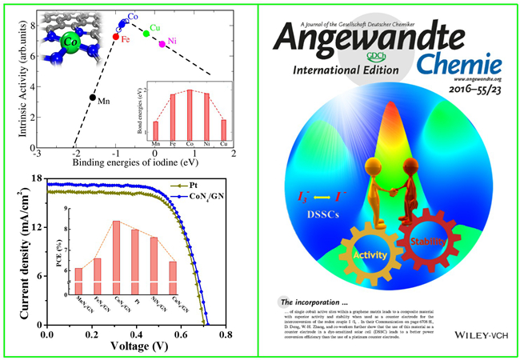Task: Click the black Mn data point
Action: pos(93,98)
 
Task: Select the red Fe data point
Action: pos(116,37)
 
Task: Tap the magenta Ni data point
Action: pos(162,43)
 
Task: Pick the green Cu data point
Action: pos(146,33)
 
